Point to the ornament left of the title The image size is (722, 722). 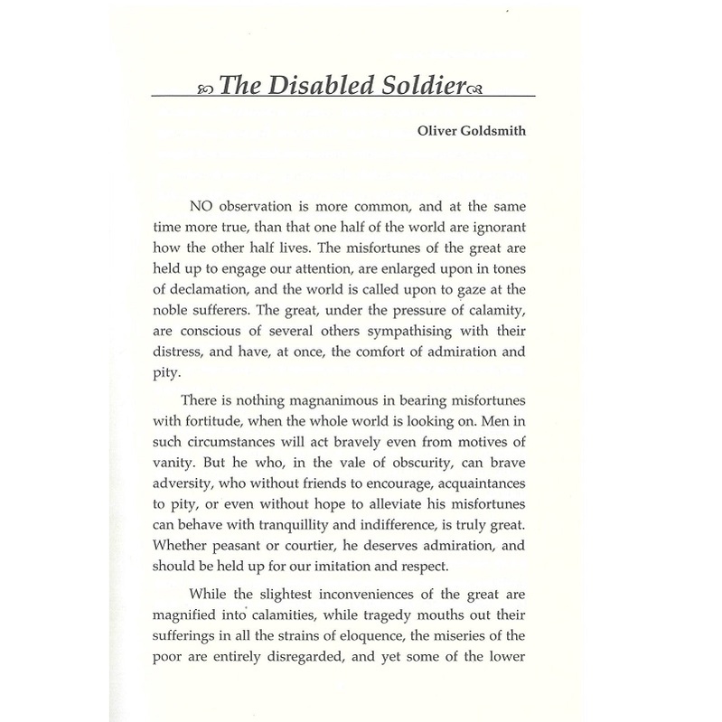tap(204, 87)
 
